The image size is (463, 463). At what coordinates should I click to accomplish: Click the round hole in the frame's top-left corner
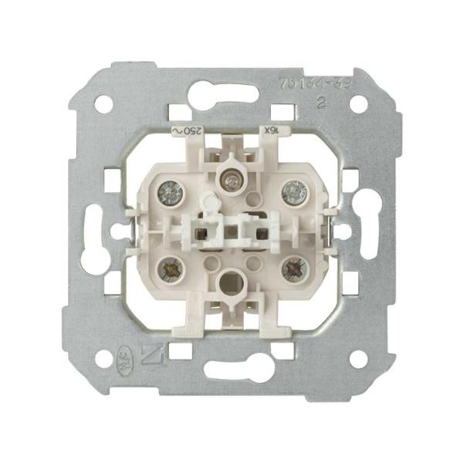point(103,103)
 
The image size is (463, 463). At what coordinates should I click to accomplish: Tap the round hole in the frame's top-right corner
point(358,103)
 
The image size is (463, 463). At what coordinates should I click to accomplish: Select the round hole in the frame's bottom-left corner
point(103,358)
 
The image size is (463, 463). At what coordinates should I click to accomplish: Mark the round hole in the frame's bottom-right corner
point(358,358)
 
